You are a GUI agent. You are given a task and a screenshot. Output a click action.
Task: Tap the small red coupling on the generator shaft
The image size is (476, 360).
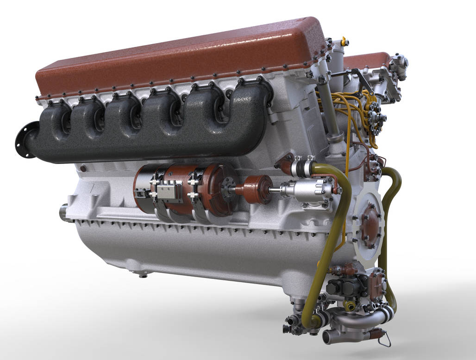[x=256, y=189]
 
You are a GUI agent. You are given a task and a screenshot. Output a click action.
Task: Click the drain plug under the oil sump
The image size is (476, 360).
[x=142, y=275]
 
